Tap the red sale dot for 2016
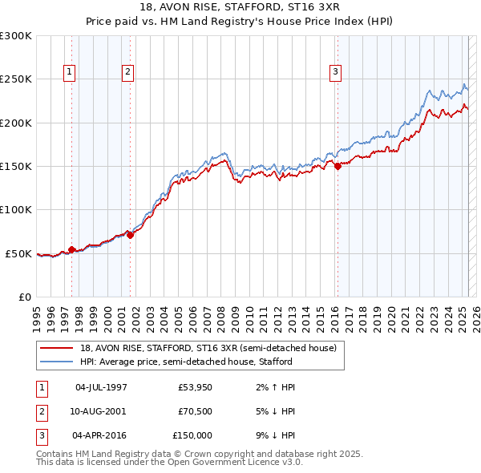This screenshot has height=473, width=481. tap(338, 167)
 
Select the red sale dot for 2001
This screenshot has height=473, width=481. tap(131, 235)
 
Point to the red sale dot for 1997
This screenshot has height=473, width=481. tap(72, 249)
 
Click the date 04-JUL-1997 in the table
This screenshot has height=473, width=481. tap(101, 387)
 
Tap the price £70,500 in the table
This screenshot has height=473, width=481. tap(196, 410)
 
